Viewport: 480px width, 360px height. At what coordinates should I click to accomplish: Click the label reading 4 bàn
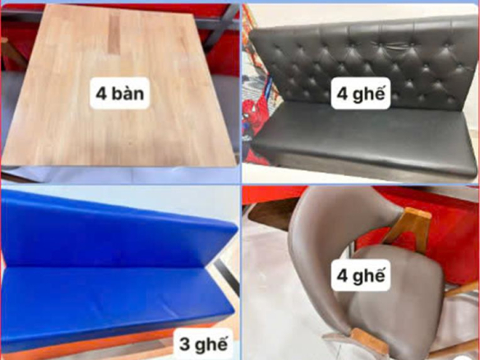tap(120, 94)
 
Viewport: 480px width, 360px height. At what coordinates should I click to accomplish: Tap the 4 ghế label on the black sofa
tap(361, 94)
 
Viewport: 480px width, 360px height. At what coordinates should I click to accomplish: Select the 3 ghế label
tap(203, 344)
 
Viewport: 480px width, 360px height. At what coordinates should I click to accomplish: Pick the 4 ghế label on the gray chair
tap(361, 275)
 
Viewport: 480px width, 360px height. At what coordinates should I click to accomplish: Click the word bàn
tap(128, 94)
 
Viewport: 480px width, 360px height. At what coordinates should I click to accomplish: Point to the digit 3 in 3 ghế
tap(184, 344)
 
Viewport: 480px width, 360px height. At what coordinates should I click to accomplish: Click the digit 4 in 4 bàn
tap(101, 94)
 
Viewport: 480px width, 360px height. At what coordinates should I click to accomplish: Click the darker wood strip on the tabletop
tap(114, 34)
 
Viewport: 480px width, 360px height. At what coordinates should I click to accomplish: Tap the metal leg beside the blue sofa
tap(226, 275)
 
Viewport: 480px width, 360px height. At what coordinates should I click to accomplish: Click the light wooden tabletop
tap(119, 89)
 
